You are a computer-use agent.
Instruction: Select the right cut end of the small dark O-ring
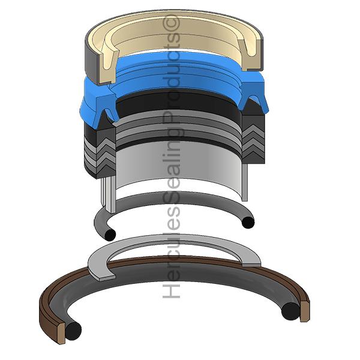(248, 222)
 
